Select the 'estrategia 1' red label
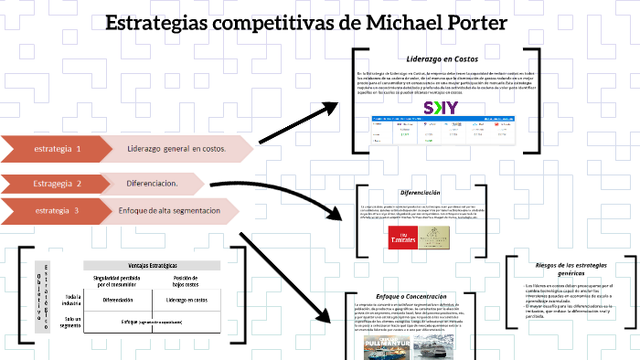[57, 148]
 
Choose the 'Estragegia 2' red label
[57, 184]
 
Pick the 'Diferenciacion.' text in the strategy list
[152, 184]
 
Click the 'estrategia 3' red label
[57, 210]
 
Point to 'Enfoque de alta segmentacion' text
[169, 210]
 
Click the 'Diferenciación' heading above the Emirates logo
[420, 193]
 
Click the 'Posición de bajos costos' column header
[188, 281]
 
